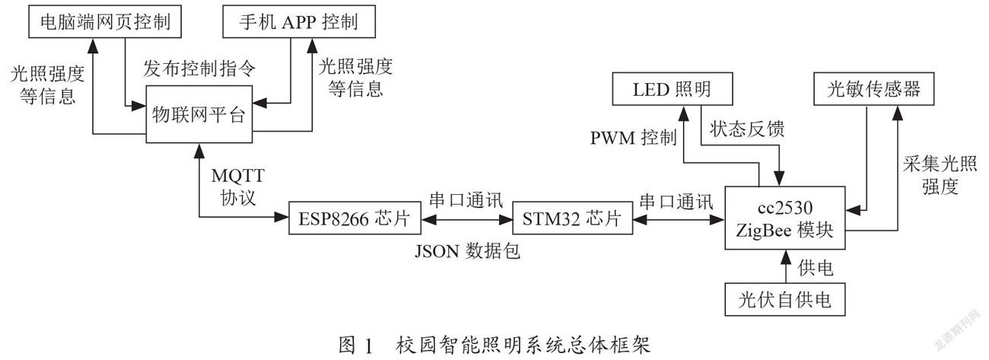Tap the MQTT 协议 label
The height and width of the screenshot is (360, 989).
coord(238,186)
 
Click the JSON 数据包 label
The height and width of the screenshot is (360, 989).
coord(467,251)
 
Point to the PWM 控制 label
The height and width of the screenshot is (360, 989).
coord(634,137)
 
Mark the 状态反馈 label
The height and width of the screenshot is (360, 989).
coord(747,129)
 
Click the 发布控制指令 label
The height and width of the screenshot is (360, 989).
coord(199,68)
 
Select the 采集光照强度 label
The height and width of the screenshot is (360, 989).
coord(940,175)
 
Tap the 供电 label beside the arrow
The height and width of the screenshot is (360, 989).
coord(816,268)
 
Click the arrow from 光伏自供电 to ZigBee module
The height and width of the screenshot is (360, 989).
coord(785,266)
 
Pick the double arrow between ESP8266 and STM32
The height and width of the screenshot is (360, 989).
coord(466,219)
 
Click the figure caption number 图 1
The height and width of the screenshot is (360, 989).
coord(356,345)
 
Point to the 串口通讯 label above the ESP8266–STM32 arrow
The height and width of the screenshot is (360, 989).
coord(466,199)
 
